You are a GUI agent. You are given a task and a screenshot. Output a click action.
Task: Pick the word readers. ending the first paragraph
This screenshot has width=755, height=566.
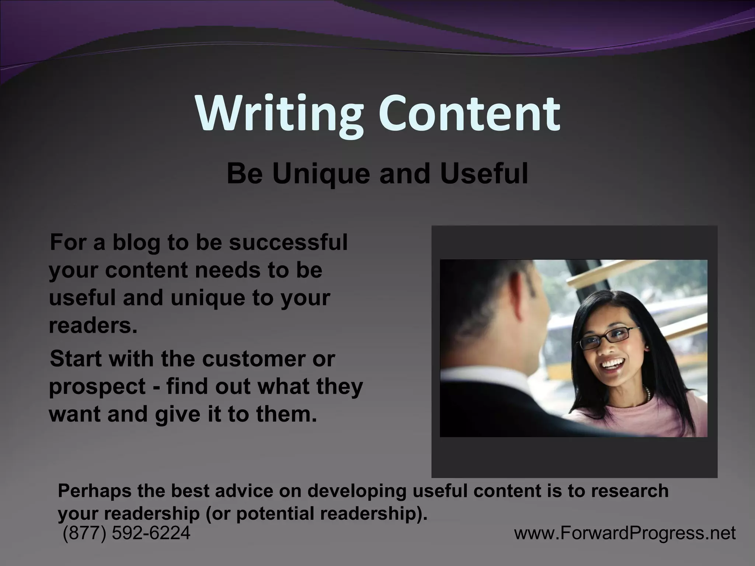pyautogui.click(x=93, y=325)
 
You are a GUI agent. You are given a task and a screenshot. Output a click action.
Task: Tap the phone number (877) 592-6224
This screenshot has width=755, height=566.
pyautogui.click(x=127, y=533)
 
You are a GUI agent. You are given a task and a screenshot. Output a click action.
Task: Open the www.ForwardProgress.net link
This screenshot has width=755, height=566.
pyautogui.click(x=625, y=533)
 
